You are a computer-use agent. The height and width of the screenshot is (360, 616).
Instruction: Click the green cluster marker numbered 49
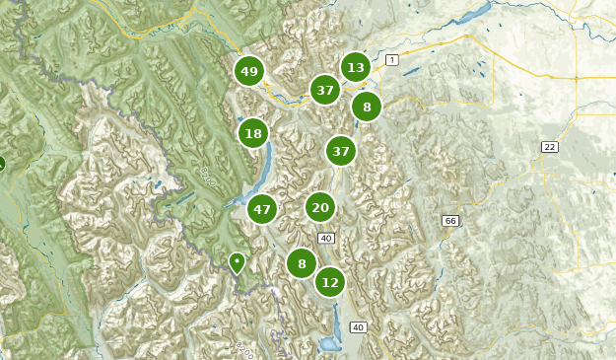point(249,71)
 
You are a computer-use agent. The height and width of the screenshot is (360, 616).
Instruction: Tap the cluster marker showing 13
point(356,67)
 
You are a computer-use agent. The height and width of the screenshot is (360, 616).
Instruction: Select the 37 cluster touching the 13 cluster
point(325,90)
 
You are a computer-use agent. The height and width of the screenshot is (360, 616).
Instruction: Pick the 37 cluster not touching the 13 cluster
point(341,151)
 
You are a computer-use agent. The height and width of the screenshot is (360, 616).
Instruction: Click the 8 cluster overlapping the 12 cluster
point(302,263)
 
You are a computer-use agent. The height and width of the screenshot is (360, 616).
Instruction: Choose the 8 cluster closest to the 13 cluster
point(367,107)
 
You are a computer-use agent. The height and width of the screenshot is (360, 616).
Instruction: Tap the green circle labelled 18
point(253,133)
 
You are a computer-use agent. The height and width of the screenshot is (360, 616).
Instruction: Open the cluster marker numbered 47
point(261,209)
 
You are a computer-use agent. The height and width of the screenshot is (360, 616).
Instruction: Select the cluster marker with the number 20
point(319,207)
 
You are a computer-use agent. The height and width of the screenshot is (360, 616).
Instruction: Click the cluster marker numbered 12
point(330,282)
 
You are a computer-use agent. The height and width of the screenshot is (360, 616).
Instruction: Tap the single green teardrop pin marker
point(237,262)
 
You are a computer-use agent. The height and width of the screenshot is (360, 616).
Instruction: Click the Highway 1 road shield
point(392,61)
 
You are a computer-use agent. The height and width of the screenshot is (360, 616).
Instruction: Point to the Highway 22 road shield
point(549,147)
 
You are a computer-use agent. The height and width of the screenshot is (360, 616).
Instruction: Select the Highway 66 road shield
point(450,220)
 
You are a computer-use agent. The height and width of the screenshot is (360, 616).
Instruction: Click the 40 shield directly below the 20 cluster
point(326,238)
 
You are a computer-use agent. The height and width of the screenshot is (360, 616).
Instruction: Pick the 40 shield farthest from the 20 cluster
point(358,327)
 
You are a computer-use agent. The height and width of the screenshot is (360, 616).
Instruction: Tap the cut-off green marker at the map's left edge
point(2,164)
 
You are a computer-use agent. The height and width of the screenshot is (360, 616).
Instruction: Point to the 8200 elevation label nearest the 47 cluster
point(207,175)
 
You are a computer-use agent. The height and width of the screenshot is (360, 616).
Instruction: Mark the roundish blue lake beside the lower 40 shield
point(326,344)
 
